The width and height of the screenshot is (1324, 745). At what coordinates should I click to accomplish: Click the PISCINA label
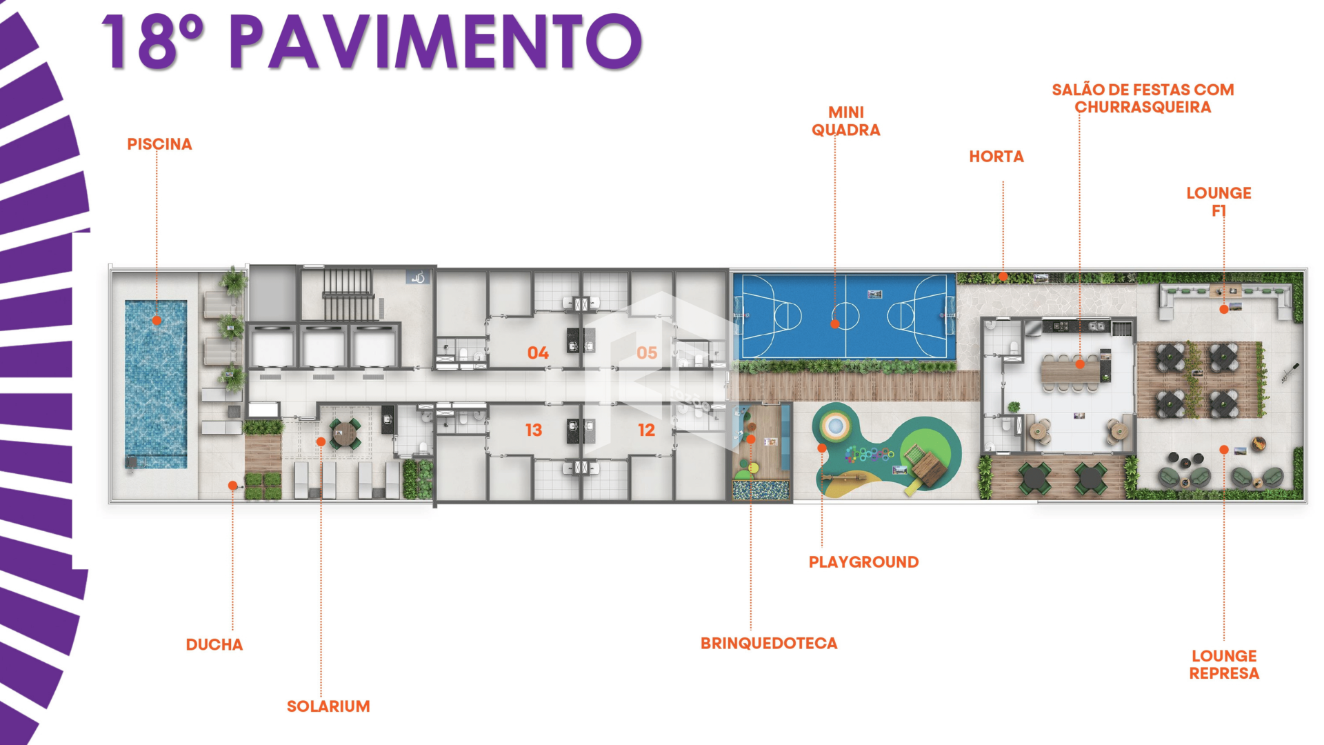point(159,144)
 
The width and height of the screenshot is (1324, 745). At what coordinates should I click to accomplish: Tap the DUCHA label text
point(214,645)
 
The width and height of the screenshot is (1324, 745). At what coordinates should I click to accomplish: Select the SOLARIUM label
point(328,706)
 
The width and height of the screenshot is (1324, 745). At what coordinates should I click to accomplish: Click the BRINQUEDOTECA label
point(769,644)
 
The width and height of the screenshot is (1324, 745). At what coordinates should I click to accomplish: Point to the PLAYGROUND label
point(863,562)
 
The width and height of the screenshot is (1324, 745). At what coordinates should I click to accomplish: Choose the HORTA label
point(996,157)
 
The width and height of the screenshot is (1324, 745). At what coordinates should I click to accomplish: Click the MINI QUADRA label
point(846,121)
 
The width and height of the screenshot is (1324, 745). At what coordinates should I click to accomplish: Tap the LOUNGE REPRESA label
point(1224,664)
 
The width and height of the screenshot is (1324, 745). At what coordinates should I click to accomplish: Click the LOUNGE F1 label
point(1218,201)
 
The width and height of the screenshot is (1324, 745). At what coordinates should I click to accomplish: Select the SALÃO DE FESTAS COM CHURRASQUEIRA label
point(1143,98)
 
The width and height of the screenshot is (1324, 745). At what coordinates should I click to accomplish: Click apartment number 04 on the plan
point(538,353)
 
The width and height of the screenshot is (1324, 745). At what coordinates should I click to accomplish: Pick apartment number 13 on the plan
point(534,430)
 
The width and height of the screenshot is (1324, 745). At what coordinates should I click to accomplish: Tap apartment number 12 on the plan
point(646,430)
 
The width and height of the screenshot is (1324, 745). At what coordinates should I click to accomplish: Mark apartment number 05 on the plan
point(647,353)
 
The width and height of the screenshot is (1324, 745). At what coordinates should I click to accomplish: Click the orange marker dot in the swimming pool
point(157,320)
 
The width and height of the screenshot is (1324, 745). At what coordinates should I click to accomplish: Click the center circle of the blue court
point(845,317)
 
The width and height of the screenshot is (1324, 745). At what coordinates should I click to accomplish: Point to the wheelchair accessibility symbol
point(418,277)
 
